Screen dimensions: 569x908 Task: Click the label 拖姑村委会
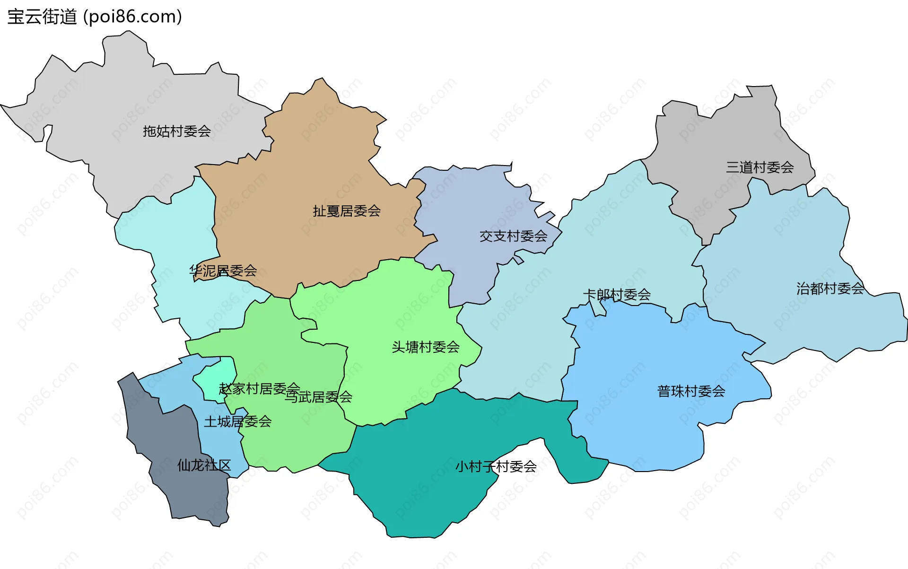click(x=177, y=131)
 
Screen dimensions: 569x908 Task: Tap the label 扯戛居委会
click(x=347, y=211)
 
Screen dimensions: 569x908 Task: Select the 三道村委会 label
click(x=760, y=167)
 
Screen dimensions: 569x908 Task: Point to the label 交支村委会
click(x=513, y=236)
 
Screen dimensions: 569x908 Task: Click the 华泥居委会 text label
click(x=223, y=271)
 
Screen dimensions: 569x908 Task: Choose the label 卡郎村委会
click(x=617, y=295)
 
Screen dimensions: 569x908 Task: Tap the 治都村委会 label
click(x=830, y=288)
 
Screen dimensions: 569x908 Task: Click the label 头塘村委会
click(x=425, y=347)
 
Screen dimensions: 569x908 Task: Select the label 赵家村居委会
click(x=259, y=388)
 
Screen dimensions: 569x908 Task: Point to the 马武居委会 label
click(x=318, y=397)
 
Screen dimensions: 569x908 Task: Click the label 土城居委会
click(x=237, y=421)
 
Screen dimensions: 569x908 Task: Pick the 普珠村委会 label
click(x=691, y=391)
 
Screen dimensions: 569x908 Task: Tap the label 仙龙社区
click(x=204, y=465)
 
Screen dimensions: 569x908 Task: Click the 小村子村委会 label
click(x=496, y=466)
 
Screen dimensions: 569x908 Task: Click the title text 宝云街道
click(x=42, y=17)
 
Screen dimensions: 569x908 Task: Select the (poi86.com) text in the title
click(x=132, y=17)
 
